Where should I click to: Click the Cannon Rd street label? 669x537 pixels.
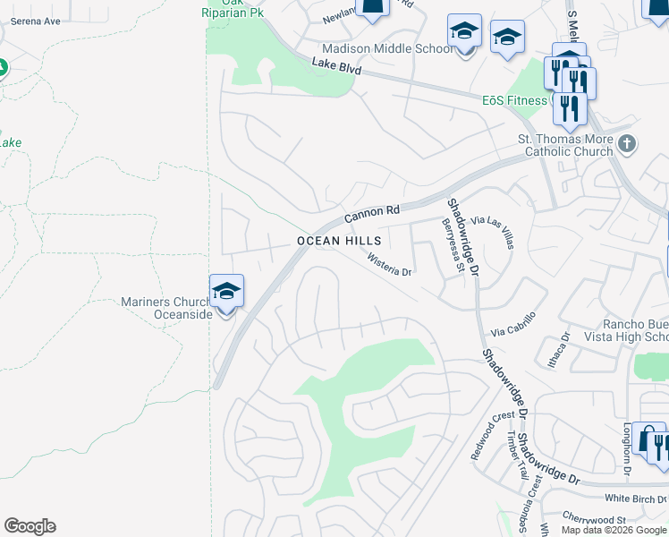pyautogui.click(x=372, y=213)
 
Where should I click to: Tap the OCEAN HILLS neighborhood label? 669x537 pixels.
pyautogui.click(x=339, y=242)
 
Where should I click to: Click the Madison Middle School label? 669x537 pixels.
pyautogui.click(x=387, y=49)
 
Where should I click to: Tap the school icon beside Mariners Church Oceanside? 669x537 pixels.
pyautogui.click(x=226, y=292)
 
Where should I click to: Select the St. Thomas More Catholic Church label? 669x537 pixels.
pyautogui.click(x=566, y=145)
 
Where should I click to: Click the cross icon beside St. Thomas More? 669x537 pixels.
pyautogui.click(x=627, y=142)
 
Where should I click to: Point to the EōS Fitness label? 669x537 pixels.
pyautogui.click(x=514, y=100)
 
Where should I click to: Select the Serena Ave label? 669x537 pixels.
pyautogui.click(x=36, y=20)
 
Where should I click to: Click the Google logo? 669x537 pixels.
pyautogui.click(x=30, y=526)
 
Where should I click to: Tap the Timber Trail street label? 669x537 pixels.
pyautogui.click(x=516, y=456)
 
